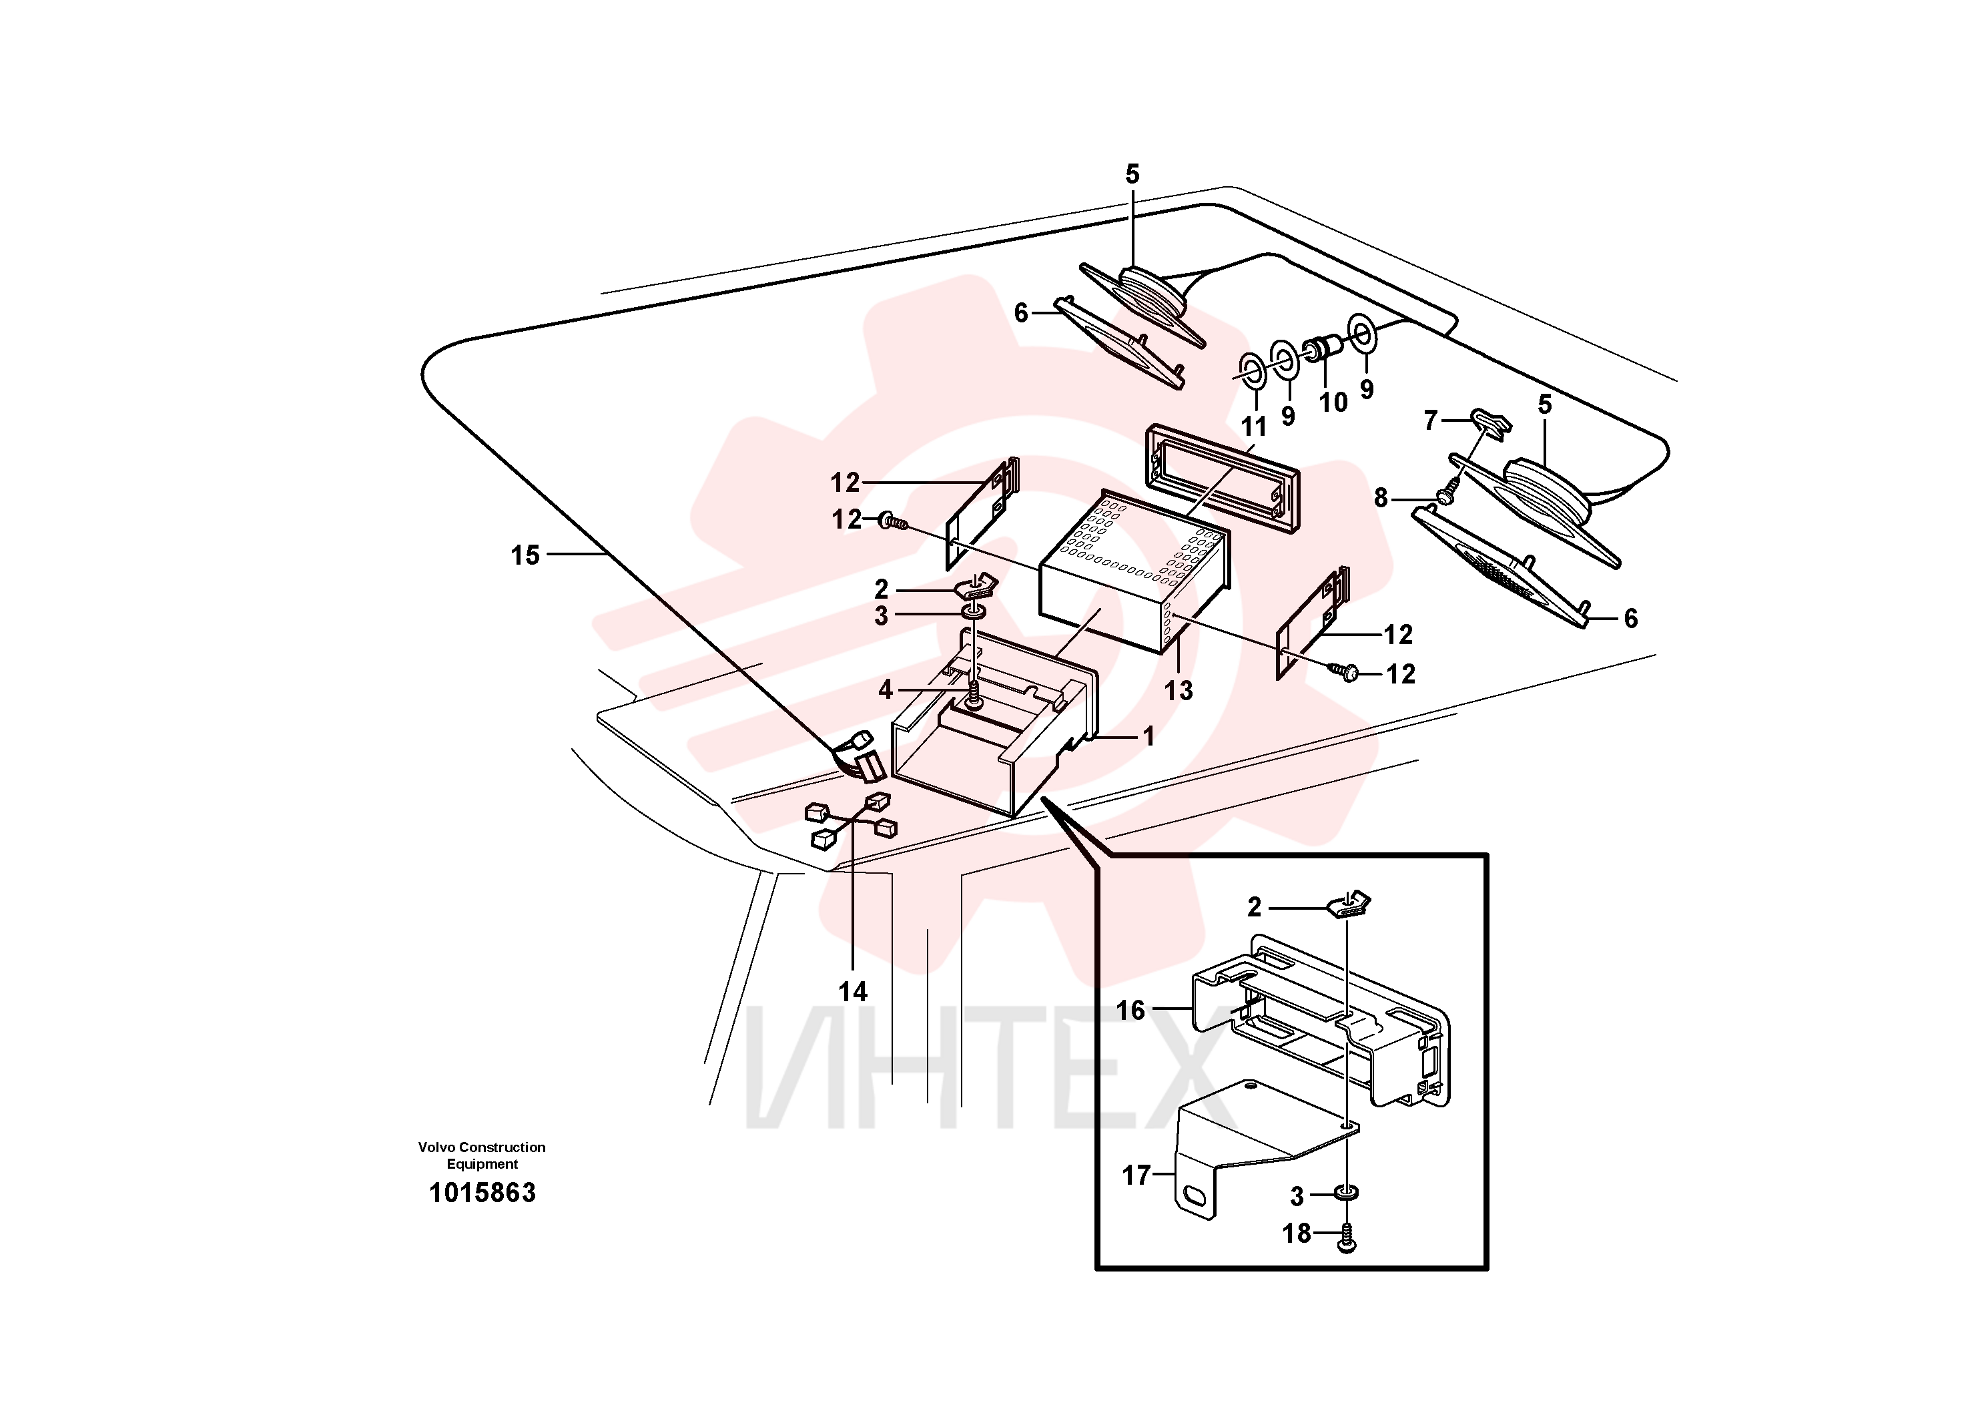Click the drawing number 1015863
[482, 1193]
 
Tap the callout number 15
[525, 555]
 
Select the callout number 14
[853, 991]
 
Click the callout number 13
[1178, 690]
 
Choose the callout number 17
[1136, 1175]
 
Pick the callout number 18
[1297, 1233]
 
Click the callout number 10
[1333, 402]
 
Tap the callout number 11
[1254, 427]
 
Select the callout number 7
[1431, 420]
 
